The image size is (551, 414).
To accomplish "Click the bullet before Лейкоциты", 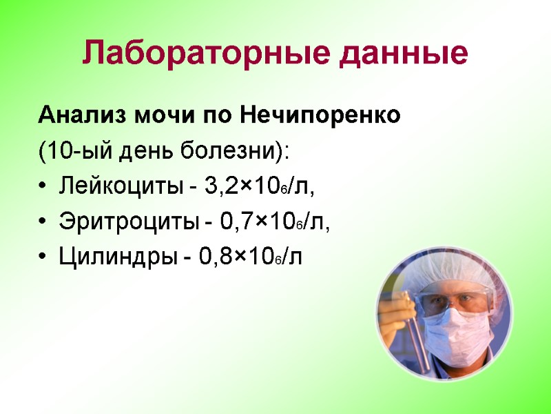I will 43,187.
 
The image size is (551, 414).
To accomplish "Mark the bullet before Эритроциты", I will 43,223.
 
